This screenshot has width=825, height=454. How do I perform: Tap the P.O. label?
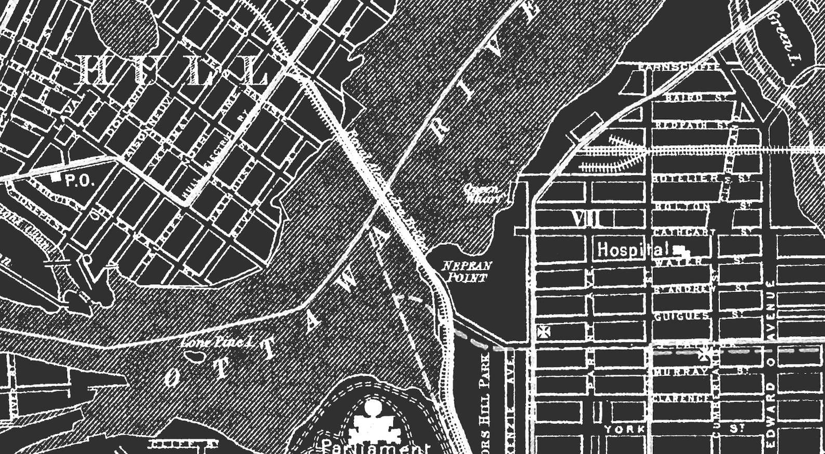pos(79,181)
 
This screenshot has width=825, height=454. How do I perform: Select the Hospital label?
pos(631,250)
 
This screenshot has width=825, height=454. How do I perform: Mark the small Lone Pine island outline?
pos(195,356)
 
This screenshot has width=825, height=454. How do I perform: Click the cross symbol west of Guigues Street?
pos(543,332)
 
